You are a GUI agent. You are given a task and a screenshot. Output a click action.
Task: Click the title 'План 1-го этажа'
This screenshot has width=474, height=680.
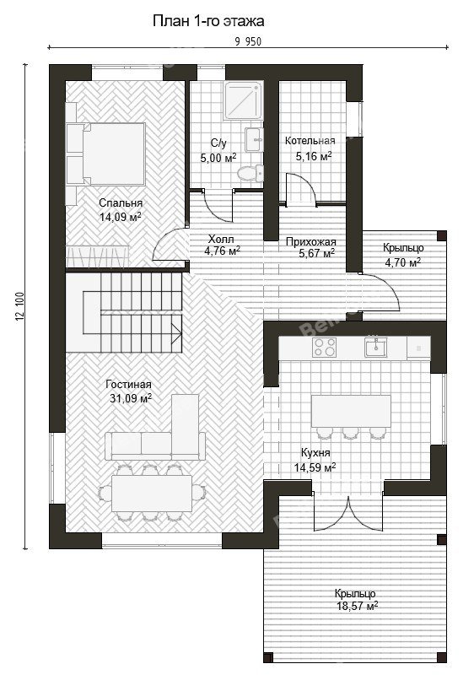tap(208, 21)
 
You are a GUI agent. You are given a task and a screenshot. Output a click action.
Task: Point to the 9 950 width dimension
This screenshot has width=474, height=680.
tap(248, 41)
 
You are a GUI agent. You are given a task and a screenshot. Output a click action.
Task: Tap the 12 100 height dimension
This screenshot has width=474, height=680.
tap(19, 306)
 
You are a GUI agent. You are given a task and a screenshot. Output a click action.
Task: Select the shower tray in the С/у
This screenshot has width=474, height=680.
tap(244, 100)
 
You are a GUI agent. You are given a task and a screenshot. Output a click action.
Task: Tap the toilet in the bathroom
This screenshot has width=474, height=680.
tap(250, 173)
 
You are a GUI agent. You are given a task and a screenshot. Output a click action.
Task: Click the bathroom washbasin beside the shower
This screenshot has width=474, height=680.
tap(254, 139)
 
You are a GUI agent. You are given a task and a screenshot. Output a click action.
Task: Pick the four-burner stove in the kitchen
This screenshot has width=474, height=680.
tap(325, 348)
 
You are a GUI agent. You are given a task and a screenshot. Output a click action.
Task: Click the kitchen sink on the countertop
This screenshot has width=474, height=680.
tap(375, 348)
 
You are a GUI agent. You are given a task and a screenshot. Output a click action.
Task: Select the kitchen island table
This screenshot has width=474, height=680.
tap(351, 411)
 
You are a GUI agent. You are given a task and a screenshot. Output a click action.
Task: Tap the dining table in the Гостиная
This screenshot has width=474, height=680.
tap(152, 494)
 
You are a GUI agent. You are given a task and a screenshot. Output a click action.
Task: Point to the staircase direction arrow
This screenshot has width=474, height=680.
tap(177, 333)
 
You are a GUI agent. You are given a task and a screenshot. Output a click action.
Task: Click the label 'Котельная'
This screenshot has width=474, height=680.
tap(310, 141)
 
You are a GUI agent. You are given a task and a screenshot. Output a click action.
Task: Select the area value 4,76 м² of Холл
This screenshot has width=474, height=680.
tap(222, 251)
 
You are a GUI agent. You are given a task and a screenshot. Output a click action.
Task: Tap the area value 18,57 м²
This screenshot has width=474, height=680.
tap(358, 606)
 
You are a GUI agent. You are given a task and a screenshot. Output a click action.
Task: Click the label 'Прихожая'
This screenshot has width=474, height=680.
tap(311, 242)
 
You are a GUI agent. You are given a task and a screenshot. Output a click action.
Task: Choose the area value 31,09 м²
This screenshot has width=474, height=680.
tap(131, 397)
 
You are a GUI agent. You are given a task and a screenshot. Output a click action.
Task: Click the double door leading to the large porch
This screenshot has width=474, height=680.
tap(348, 513)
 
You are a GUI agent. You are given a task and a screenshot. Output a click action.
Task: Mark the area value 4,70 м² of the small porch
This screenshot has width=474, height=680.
tap(403, 262)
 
